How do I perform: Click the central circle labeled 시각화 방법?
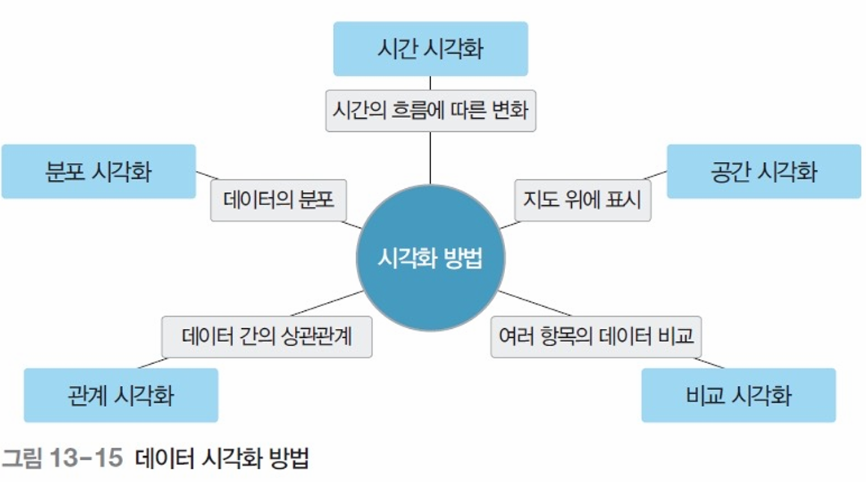430,258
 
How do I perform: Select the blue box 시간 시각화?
430,48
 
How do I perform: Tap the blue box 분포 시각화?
99,171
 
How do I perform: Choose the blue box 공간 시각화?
763,171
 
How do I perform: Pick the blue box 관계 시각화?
121,395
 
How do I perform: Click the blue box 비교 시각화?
738,395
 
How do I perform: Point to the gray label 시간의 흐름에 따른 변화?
430,110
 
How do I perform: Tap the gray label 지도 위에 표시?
582,199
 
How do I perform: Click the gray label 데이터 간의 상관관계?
266,335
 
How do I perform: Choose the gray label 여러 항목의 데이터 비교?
596,335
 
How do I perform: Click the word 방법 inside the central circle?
462,259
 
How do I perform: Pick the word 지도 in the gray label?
542,199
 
